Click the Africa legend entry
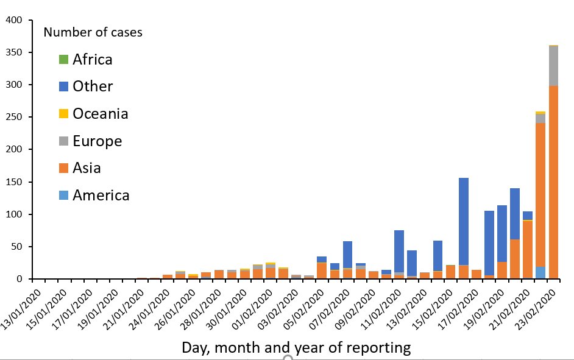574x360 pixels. point(92,59)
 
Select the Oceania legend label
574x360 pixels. point(101,114)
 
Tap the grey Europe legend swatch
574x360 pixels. point(64,141)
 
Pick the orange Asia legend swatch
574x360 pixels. point(64,169)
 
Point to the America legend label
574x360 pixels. point(101,196)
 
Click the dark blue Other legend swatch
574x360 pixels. point(64,86)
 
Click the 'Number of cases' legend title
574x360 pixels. point(93,32)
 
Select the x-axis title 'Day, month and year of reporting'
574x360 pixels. point(296,348)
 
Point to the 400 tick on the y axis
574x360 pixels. point(13,20)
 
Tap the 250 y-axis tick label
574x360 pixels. point(13,117)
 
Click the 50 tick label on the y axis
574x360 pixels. point(16,247)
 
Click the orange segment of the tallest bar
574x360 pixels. point(553,183)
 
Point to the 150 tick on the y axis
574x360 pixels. point(13,182)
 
